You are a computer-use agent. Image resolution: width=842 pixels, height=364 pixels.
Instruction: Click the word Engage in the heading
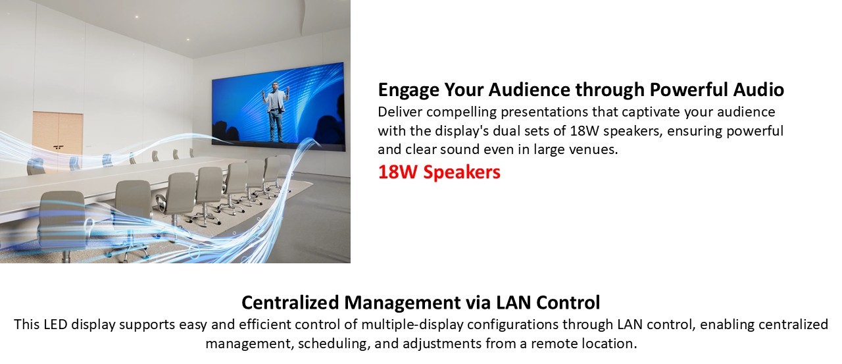point(409,90)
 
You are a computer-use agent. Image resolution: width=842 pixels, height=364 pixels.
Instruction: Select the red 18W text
point(398,172)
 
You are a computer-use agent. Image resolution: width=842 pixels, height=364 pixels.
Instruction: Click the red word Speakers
point(462,172)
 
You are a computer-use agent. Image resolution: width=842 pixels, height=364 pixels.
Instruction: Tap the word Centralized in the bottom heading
point(290,302)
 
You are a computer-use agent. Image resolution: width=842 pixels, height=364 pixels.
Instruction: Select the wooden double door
point(58,139)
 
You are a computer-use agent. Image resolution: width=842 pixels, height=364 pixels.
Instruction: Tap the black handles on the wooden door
point(58,147)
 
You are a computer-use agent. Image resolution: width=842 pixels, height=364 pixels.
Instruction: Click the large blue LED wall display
point(278,106)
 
